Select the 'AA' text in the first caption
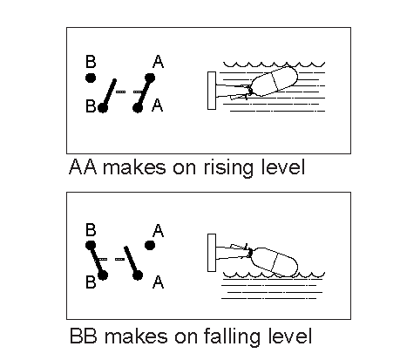(83, 166)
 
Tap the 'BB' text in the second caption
(84, 336)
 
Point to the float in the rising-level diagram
(274, 81)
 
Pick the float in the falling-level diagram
(274, 262)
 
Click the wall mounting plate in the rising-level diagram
(212, 91)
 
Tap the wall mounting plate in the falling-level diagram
(212, 253)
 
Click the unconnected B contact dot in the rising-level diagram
(91, 78)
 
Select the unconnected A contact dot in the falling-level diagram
(150, 246)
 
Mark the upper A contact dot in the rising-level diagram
(150, 78)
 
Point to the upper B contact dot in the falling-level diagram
(91, 246)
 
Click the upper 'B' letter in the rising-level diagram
(91, 62)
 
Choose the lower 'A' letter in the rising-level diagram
(158, 105)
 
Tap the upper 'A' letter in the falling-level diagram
(158, 230)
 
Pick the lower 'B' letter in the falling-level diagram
(91, 282)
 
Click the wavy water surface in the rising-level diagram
(274, 65)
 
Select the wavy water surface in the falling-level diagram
(274, 275)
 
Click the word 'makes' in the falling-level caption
(136, 336)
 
